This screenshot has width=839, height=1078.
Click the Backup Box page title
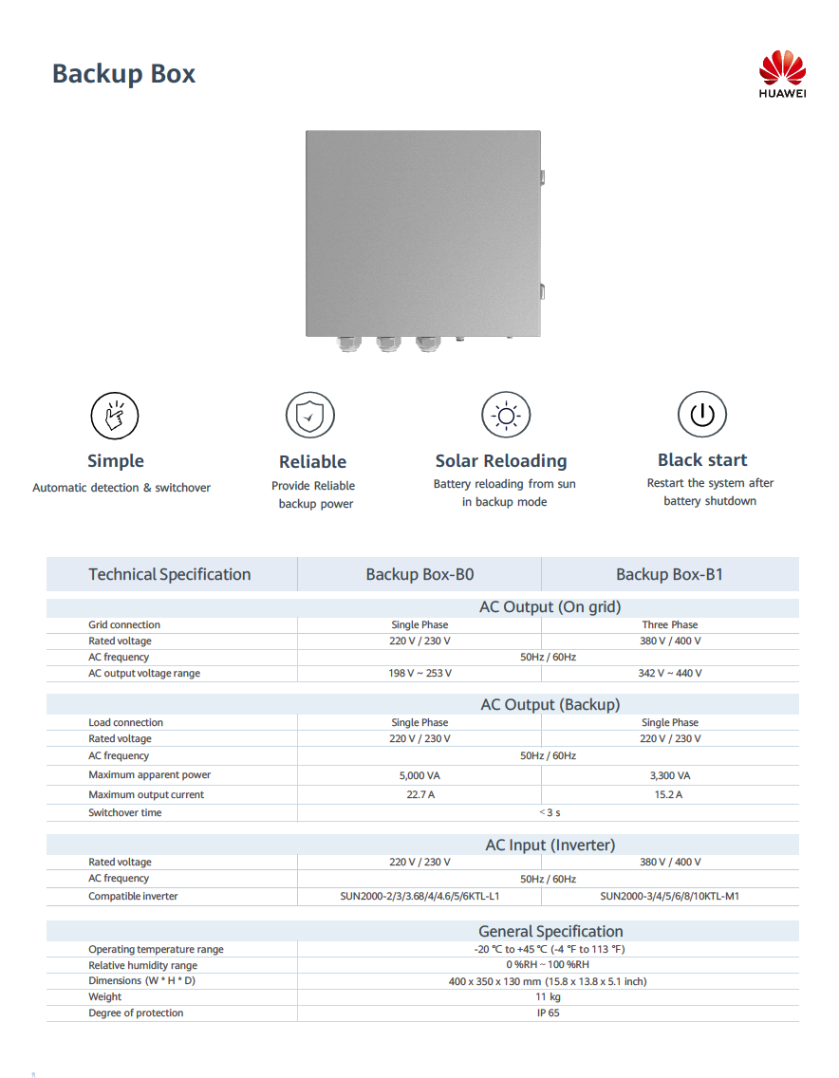(x=123, y=74)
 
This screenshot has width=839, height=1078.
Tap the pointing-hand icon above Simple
(x=115, y=415)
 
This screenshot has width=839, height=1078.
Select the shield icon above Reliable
(x=310, y=416)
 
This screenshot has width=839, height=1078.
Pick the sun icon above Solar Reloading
(x=506, y=415)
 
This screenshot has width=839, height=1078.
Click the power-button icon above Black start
(x=701, y=415)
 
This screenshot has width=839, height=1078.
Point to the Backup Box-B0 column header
(x=419, y=574)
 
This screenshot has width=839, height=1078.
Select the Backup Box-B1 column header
(x=669, y=574)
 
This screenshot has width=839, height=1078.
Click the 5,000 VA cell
(x=419, y=775)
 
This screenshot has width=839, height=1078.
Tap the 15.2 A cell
(x=669, y=795)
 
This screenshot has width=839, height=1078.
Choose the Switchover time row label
(x=125, y=813)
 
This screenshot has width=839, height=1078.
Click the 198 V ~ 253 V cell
(x=419, y=674)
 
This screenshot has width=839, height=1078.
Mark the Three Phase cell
(x=669, y=625)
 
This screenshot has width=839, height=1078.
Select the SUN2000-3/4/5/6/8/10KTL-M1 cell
(x=669, y=896)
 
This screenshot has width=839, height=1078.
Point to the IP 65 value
(x=548, y=1013)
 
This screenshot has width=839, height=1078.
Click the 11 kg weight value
(x=548, y=997)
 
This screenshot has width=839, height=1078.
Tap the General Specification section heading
(x=550, y=932)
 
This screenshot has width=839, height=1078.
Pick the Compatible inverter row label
(x=133, y=897)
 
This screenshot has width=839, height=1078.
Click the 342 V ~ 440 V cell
(x=669, y=674)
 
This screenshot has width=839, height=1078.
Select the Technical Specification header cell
(x=170, y=574)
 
